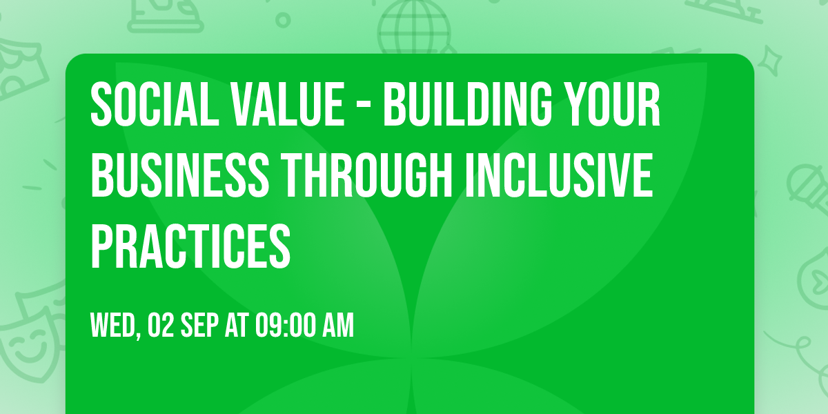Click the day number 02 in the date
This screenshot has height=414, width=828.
point(161,325)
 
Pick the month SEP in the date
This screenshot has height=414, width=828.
point(200,325)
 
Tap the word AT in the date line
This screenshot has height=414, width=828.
point(237,325)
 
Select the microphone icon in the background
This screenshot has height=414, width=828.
point(805,183)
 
